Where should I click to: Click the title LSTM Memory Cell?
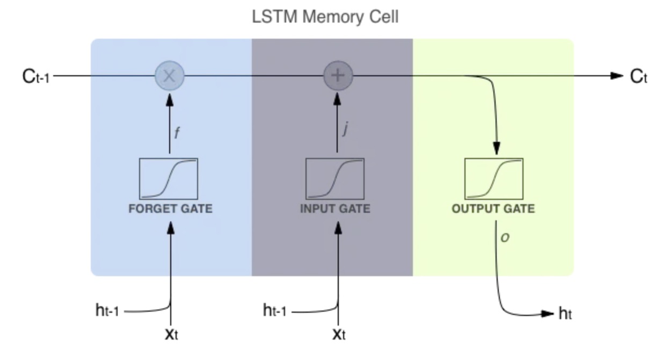(325, 17)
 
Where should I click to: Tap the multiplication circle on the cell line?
(170, 76)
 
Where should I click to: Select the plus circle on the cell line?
(338, 76)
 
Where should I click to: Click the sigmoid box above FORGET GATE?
(169, 179)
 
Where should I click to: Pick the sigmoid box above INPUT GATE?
(335, 179)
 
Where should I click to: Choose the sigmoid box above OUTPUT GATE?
(494, 179)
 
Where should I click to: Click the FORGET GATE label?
(170, 208)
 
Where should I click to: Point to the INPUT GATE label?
(335, 208)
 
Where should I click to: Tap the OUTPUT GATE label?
(493, 208)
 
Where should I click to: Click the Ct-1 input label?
(36, 76)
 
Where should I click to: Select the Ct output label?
(639, 76)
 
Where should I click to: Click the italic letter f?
(177, 133)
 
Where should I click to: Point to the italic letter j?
(346, 129)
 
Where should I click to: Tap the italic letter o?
(505, 237)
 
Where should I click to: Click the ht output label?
(565, 314)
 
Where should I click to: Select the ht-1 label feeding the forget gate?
(107, 310)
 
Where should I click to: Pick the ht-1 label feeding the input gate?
(275, 310)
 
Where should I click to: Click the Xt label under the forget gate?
(171, 334)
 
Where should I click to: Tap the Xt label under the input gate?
(339, 334)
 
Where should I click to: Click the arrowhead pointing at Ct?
(617, 76)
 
